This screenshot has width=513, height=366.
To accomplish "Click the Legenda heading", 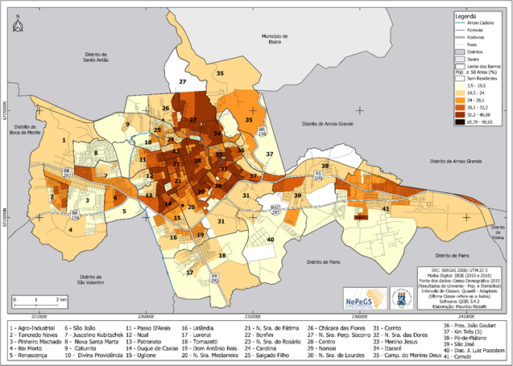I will (466, 16).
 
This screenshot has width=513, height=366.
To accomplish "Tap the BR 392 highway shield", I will (216, 280).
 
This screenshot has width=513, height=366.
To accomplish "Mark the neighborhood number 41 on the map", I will (386, 209).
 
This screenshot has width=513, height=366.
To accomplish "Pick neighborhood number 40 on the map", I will (271, 239).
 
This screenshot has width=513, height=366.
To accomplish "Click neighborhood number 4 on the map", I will (70, 228).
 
